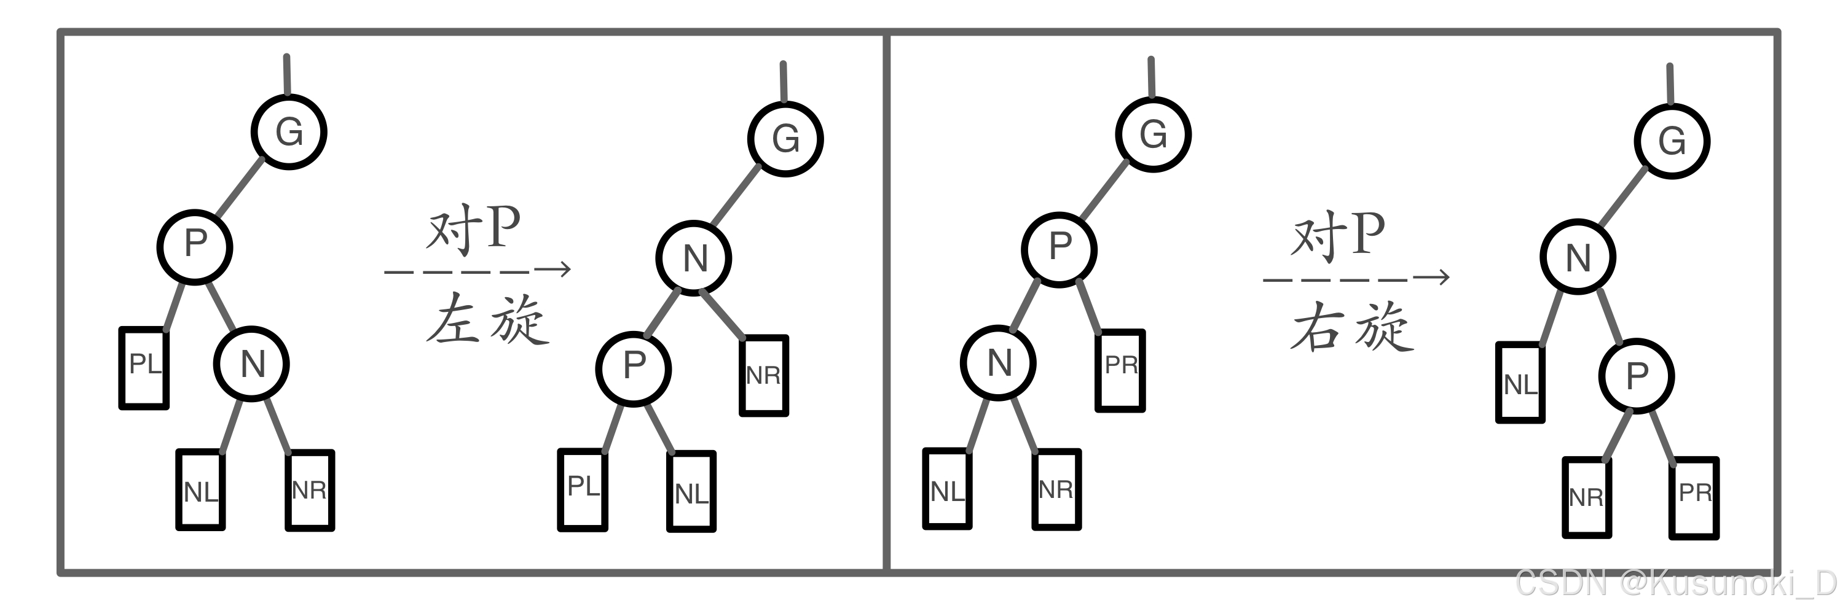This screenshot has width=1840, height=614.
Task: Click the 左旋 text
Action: click(488, 320)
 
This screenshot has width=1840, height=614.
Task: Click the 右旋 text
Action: click(1353, 326)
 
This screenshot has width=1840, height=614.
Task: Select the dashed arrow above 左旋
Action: click(477, 270)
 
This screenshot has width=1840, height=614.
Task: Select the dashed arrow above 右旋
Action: click(1356, 278)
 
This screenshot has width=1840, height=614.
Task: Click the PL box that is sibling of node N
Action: click(144, 367)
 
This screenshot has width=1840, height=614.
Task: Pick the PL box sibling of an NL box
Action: click(583, 490)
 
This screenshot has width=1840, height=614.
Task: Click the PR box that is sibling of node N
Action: click(1120, 370)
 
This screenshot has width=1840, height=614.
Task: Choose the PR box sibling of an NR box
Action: click(1694, 497)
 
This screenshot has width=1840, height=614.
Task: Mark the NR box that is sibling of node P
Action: click(763, 375)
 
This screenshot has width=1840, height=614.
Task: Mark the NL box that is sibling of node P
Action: click(1520, 383)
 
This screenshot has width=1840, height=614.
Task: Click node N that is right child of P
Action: click(252, 363)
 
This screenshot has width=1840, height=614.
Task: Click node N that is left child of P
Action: click(999, 363)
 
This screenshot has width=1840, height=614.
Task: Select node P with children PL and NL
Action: click(634, 368)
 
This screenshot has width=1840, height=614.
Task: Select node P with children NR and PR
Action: click(1637, 376)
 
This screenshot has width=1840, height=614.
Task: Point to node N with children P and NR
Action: click(694, 258)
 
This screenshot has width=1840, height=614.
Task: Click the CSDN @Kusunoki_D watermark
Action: click(1675, 583)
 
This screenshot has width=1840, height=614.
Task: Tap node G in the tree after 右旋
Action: click(1672, 141)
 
